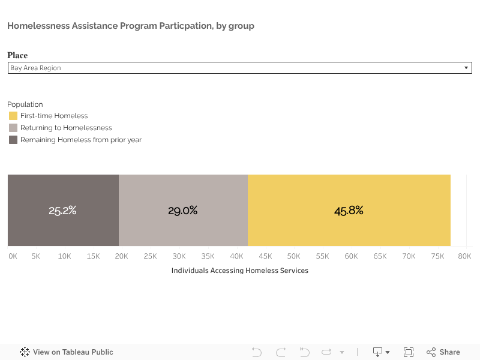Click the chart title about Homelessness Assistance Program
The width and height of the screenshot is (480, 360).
point(131,26)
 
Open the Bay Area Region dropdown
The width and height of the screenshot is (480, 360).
point(239,68)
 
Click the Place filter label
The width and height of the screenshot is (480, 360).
point(17,55)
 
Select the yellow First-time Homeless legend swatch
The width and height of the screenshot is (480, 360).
point(13,116)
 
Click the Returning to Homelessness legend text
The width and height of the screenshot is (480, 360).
point(66,128)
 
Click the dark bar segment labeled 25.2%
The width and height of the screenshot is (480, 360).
point(63,211)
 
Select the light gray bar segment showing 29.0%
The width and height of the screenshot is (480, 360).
point(183,211)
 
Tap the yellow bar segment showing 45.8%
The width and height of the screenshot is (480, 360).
point(349,211)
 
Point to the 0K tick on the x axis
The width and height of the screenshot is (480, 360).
point(13,256)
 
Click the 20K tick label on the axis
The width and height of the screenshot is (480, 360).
point(122,256)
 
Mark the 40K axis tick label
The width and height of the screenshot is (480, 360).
point(236,256)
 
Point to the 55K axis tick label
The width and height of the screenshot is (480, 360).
point(322,256)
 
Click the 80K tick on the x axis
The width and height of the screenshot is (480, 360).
point(464,256)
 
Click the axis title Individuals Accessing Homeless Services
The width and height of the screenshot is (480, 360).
point(239,271)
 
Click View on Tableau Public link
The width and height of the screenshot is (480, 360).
point(67,352)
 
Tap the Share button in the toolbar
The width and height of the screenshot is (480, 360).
point(443,352)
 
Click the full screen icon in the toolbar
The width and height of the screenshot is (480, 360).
point(409,352)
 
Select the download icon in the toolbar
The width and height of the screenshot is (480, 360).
point(379,352)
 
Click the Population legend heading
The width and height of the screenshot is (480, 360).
point(25,104)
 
